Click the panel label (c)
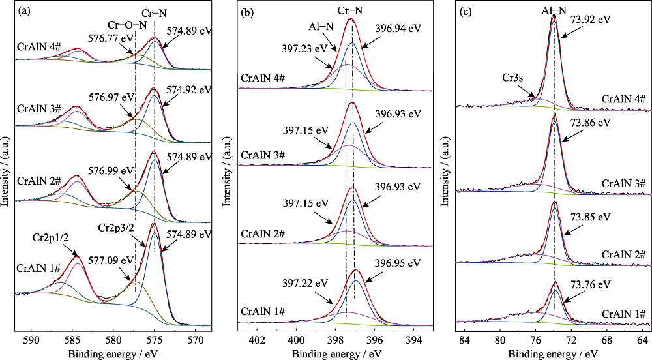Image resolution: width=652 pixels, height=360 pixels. (466, 11)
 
